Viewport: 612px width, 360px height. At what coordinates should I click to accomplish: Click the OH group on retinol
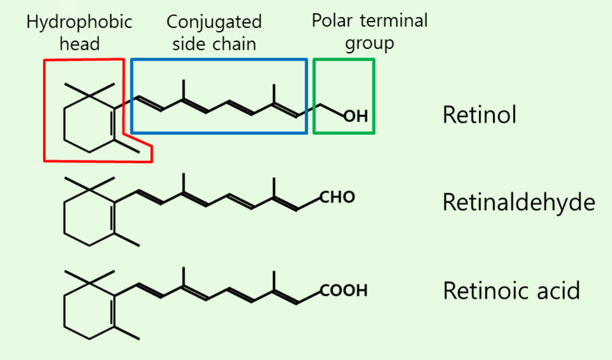click(x=356, y=117)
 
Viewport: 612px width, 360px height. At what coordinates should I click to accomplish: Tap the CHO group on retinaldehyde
click(x=337, y=197)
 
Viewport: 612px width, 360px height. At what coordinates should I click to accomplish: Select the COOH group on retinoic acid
click(x=344, y=290)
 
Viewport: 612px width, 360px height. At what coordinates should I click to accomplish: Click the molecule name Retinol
click(x=479, y=115)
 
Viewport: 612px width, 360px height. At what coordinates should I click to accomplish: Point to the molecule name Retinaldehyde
click(x=518, y=203)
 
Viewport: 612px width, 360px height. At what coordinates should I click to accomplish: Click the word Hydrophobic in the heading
click(x=80, y=22)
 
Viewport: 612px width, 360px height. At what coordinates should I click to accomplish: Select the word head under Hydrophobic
click(x=80, y=44)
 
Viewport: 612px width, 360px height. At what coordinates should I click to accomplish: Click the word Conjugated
click(x=214, y=22)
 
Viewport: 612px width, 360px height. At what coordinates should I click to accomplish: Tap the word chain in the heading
click(x=233, y=44)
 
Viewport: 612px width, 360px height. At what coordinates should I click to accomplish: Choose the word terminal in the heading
click(x=396, y=21)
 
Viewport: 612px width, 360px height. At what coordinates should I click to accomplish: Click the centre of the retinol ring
click(x=90, y=121)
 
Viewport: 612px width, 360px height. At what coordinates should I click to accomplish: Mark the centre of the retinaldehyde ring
click(x=90, y=215)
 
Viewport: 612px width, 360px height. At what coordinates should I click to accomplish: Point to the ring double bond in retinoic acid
click(x=113, y=311)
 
